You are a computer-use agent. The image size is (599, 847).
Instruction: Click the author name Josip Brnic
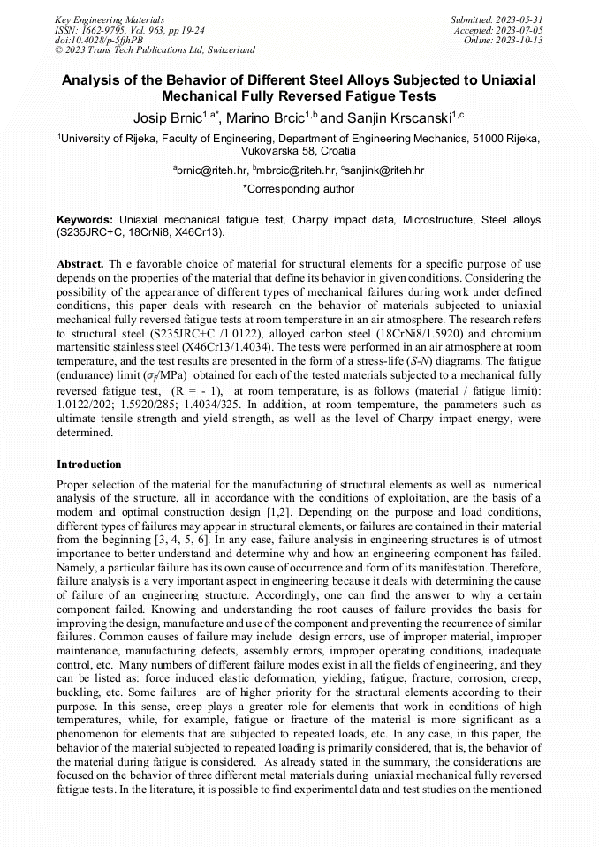(x=167, y=116)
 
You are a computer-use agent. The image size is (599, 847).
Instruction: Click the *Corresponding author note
(x=299, y=189)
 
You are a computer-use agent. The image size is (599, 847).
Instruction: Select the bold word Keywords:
(x=86, y=218)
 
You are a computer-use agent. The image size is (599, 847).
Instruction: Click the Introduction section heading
(x=89, y=464)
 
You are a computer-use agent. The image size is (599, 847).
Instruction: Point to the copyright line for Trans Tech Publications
(x=155, y=50)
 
